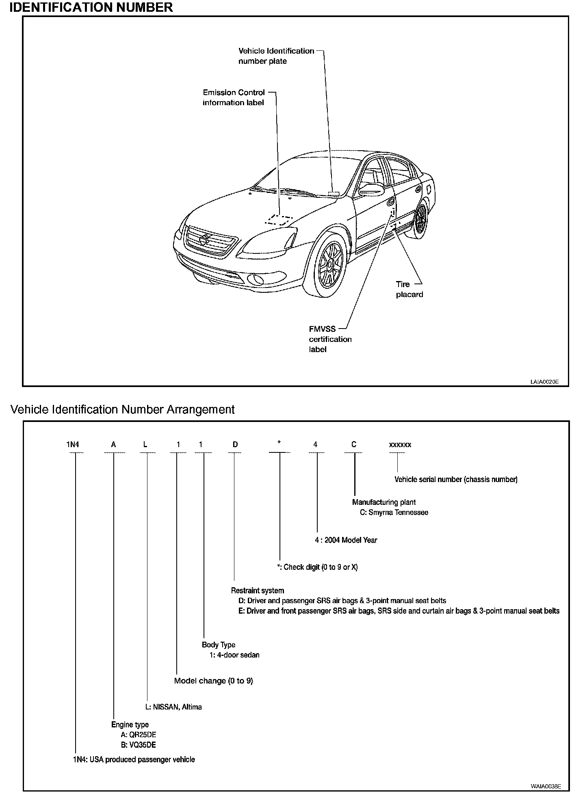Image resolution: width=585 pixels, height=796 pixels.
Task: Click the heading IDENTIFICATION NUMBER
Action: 91,7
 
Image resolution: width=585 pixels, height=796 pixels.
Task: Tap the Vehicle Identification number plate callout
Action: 276,56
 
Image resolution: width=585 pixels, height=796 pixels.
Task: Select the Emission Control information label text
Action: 234,97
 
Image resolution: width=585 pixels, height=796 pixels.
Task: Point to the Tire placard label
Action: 409,289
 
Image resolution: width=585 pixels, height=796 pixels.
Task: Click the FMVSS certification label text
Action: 330,339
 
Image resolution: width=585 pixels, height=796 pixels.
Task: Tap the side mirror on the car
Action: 370,189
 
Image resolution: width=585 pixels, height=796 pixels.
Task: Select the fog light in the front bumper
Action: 255,280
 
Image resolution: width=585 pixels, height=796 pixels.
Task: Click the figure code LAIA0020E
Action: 544,382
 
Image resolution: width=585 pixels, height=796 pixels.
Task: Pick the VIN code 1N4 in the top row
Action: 73,445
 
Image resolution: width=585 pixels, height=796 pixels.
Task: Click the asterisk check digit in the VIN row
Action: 279,443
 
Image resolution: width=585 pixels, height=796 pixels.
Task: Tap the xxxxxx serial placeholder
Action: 400,445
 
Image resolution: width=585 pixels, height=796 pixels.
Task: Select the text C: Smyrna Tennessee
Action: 394,513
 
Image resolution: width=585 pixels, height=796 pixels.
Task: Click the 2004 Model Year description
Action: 346,540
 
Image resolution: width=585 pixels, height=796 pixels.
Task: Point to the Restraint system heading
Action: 258,591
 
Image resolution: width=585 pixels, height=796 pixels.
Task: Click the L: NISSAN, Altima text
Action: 173,707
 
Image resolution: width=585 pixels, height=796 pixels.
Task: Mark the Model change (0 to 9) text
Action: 213,681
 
